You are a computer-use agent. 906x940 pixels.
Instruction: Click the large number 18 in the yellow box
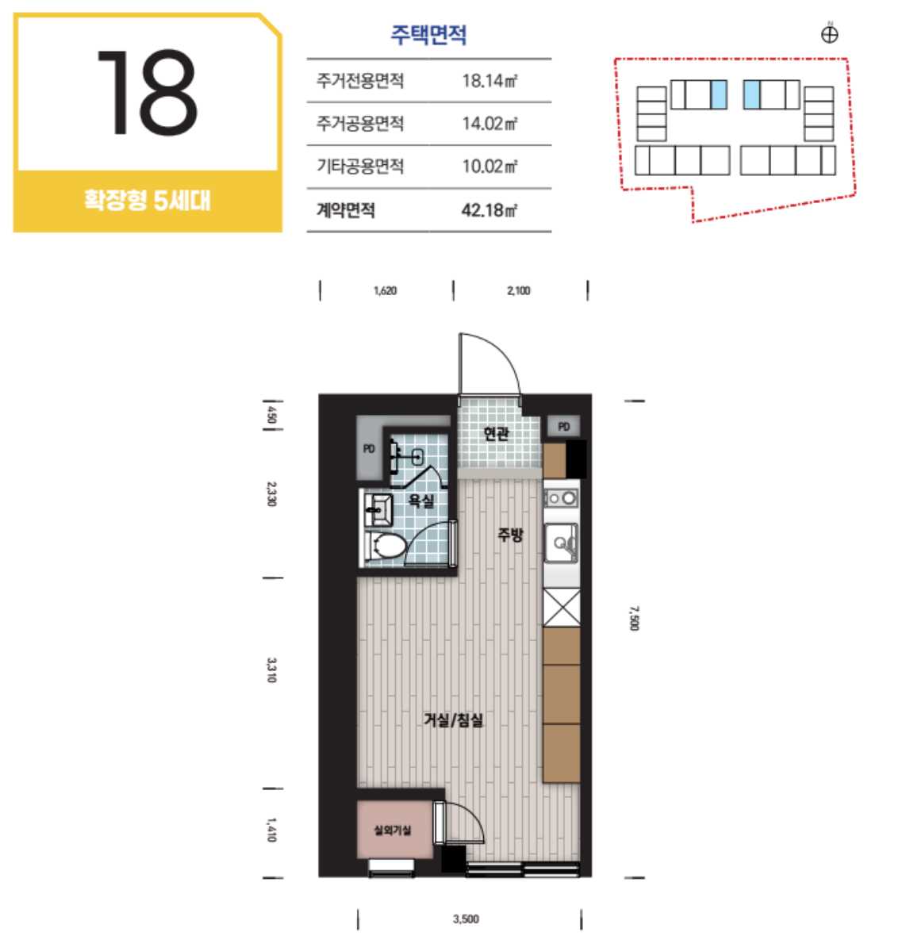pyautogui.click(x=147, y=93)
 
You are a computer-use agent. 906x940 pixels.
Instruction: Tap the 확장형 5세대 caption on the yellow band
pyautogui.click(x=148, y=200)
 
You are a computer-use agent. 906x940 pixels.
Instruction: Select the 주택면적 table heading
pyautogui.click(x=428, y=34)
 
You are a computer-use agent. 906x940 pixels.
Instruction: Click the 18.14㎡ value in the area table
pyautogui.click(x=489, y=80)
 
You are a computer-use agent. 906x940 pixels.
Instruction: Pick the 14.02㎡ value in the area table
pyautogui.click(x=489, y=124)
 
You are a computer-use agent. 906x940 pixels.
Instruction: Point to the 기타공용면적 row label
pyautogui.click(x=360, y=166)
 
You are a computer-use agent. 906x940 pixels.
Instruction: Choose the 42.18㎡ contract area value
pyautogui.click(x=489, y=210)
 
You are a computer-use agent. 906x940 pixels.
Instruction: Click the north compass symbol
pyautogui.click(x=830, y=34)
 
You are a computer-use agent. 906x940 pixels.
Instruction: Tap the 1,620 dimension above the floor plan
pyautogui.click(x=385, y=291)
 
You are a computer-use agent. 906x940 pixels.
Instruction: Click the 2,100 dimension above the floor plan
pyautogui.click(x=519, y=291)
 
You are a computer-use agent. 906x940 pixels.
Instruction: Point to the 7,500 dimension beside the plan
pyautogui.click(x=635, y=618)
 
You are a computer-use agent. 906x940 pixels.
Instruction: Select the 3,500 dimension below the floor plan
pyautogui.click(x=466, y=919)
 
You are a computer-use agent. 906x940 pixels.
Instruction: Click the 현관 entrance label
pyautogui.click(x=497, y=433)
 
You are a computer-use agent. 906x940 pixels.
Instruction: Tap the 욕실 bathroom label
pyautogui.click(x=421, y=501)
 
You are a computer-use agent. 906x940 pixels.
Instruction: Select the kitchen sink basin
pyautogui.click(x=561, y=543)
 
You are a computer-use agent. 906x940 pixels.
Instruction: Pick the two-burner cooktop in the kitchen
pyautogui.click(x=561, y=497)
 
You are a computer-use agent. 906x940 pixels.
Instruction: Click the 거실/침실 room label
pyautogui.click(x=453, y=720)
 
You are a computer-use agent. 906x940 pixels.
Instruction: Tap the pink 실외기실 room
pyautogui.click(x=394, y=830)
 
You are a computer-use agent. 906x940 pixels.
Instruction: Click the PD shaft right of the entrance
pyautogui.click(x=563, y=427)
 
